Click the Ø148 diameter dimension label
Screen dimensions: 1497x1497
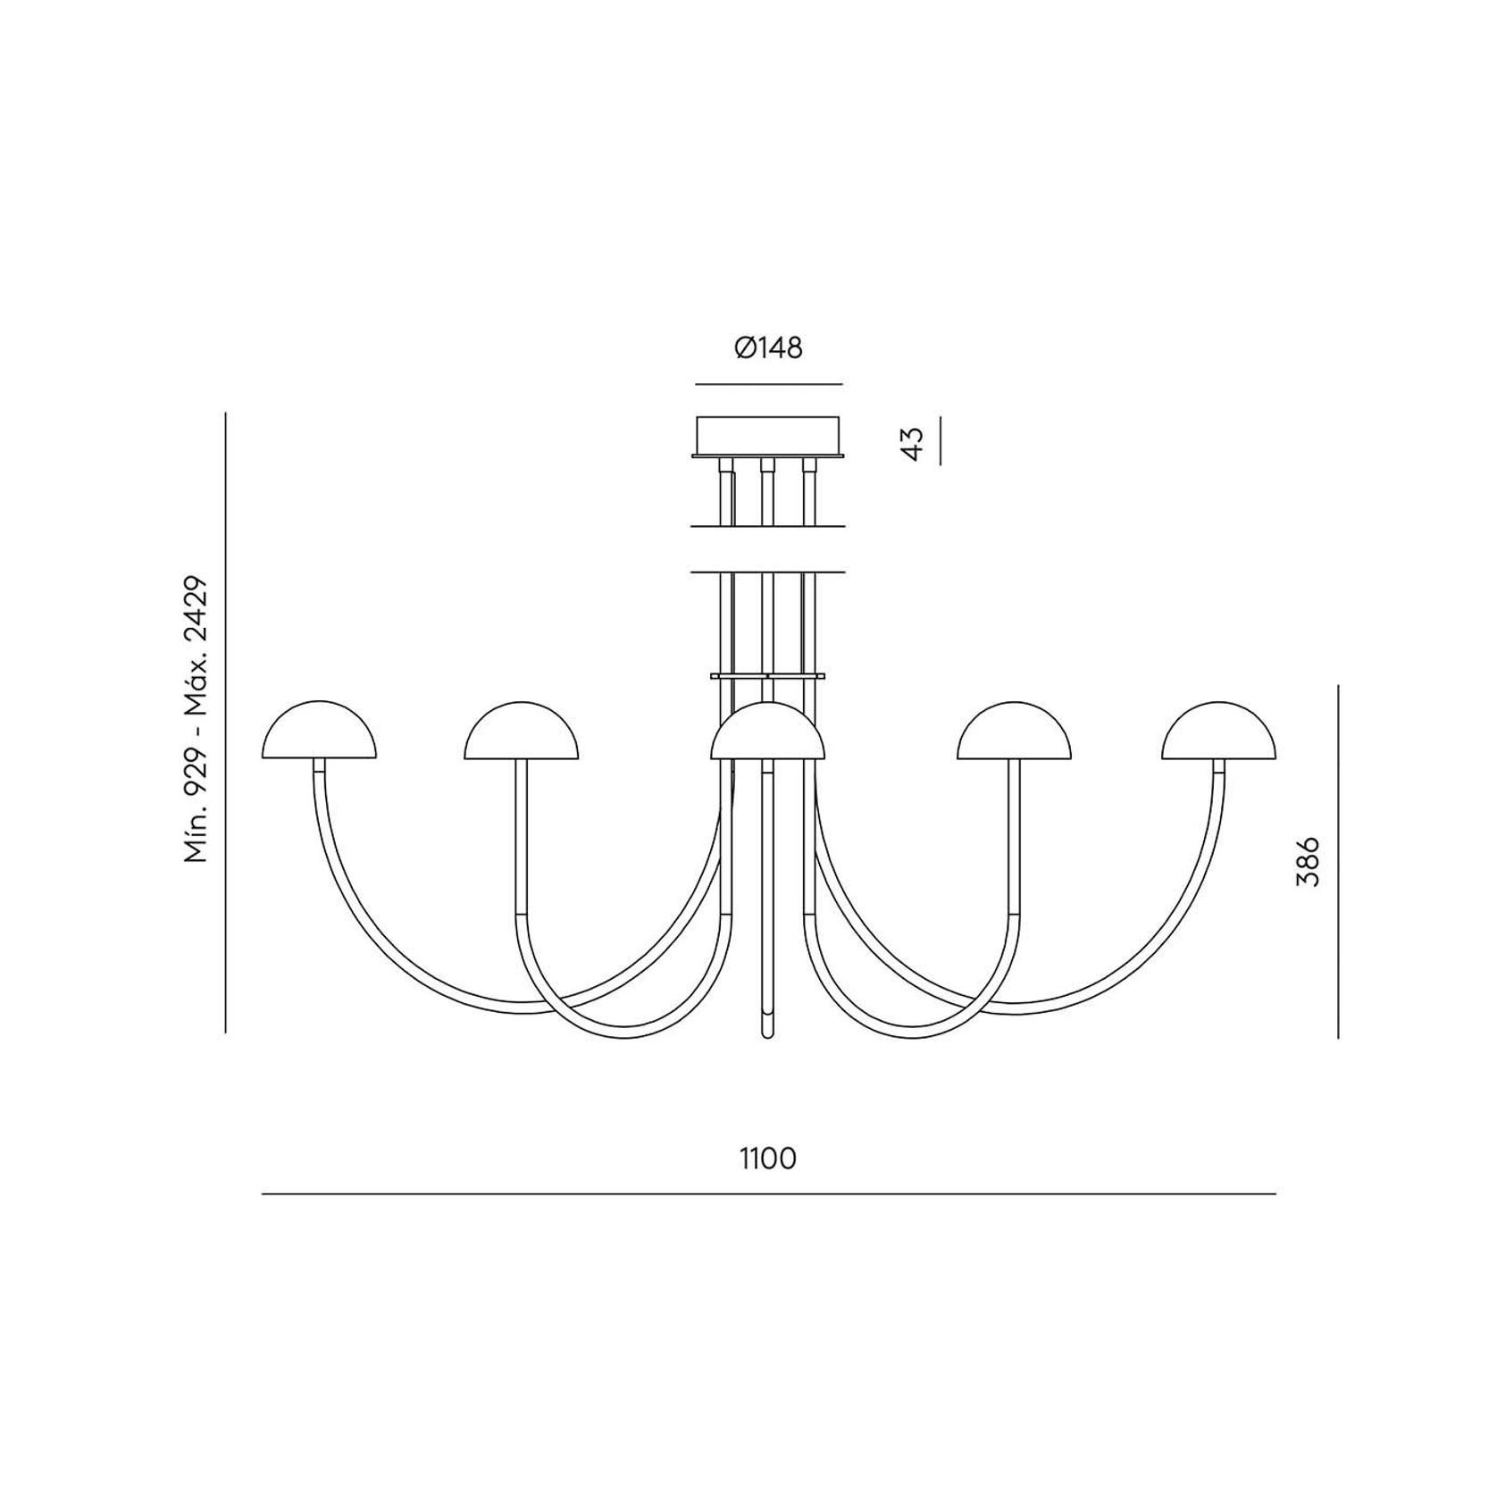pos(768,348)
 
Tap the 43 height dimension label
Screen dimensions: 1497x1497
pos(912,442)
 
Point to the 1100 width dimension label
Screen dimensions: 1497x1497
pos(768,1159)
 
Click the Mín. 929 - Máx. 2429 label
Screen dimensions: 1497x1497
pos(196,719)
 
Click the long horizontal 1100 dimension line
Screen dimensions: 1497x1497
pos(768,1193)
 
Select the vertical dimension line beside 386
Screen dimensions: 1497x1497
pos(1338,862)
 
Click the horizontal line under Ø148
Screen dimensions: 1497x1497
pos(768,384)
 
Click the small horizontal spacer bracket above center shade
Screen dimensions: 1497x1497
pos(767,676)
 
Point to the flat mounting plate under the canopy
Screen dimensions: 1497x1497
pos(768,456)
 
